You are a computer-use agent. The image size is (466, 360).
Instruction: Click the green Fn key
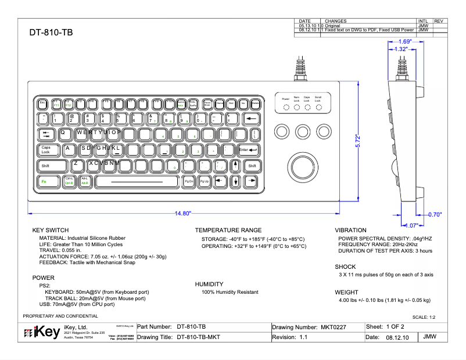point(44,181)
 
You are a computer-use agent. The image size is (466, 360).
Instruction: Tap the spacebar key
point(137,181)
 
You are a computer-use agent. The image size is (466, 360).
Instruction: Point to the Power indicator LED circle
point(286,108)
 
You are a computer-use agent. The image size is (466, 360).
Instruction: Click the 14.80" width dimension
point(183,214)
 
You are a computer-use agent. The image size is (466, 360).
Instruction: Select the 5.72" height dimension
point(359,142)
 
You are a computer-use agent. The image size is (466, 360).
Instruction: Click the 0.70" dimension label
point(435,214)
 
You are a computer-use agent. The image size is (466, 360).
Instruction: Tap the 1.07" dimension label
point(410,225)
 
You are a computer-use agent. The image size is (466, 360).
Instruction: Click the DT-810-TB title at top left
point(51,33)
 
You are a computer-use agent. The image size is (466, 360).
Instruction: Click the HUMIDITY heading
point(210,284)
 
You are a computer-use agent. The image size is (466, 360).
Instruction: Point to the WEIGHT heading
point(347,292)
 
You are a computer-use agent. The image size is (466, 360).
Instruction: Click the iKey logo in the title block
point(39,333)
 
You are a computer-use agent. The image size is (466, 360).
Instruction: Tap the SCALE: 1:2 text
point(423,318)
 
